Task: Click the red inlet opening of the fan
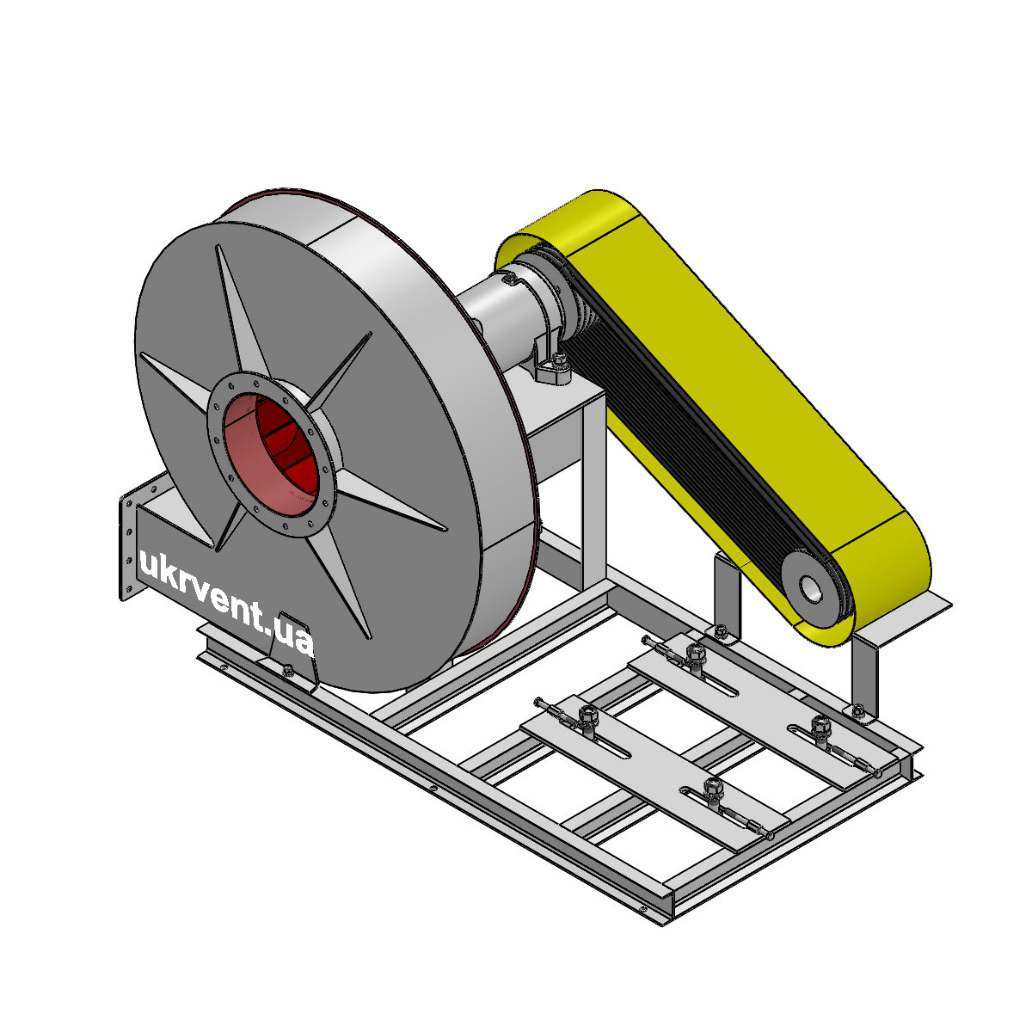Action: (x=270, y=454)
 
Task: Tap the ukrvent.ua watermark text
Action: (x=225, y=599)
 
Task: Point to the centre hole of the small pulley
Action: (x=810, y=588)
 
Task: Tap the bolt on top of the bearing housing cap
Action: (x=511, y=278)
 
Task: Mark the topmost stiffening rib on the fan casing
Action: (x=241, y=310)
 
